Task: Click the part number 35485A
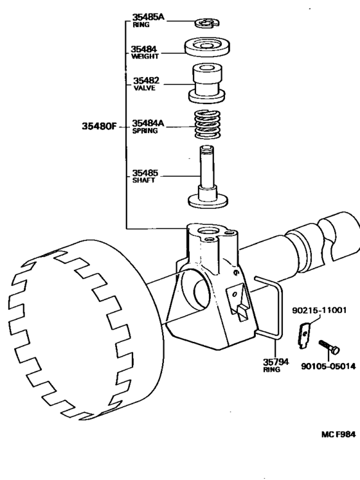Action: click(148, 17)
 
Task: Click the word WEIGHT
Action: click(145, 57)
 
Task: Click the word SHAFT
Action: click(143, 181)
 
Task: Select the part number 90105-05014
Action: click(327, 368)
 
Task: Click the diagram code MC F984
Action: click(338, 434)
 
